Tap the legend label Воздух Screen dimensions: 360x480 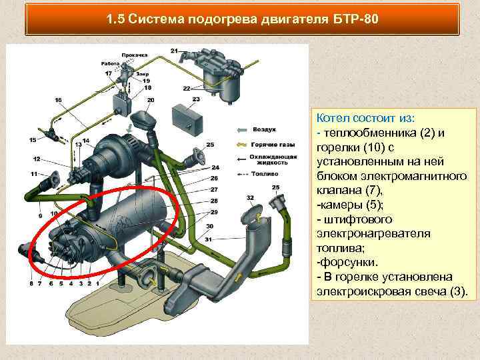[x=265, y=129]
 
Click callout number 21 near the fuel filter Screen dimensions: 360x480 [x=175, y=51]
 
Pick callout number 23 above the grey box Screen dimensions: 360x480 [x=195, y=99]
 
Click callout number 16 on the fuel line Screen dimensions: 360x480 [x=59, y=100]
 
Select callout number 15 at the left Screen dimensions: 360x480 [x=33, y=140]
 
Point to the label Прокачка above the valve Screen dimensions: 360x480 [x=135, y=55]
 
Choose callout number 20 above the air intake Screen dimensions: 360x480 [x=151, y=100]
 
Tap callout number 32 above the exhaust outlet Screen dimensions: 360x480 [x=250, y=198]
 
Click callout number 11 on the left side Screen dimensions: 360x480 [x=33, y=174]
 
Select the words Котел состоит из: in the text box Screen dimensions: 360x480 [x=366, y=118]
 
